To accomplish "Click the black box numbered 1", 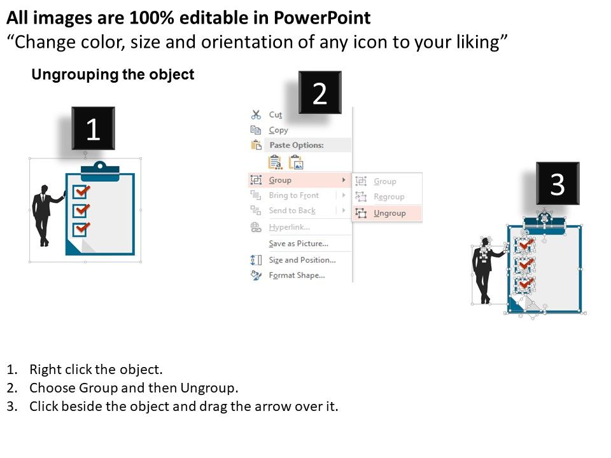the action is click(x=93, y=128).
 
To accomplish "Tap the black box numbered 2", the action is click(x=320, y=93).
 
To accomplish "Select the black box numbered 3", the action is click(x=558, y=183).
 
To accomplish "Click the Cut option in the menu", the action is click(x=276, y=114).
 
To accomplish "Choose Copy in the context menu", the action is click(x=278, y=130).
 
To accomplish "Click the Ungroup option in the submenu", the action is click(x=390, y=213).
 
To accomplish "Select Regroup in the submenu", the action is click(x=389, y=197).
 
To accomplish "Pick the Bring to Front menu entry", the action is click(x=294, y=195).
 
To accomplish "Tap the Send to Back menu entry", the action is click(x=292, y=211).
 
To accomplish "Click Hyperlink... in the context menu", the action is click(x=290, y=227).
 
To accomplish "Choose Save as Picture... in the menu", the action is click(x=298, y=244).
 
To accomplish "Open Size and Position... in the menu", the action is click(x=302, y=260).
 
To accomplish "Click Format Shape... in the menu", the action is click(x=297, y=275).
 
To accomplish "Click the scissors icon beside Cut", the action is click(x=256, y=114).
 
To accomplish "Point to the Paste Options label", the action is click(x=297, y=145).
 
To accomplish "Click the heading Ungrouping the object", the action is click(x=113, y=74).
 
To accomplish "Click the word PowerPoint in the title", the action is click(x=322, y=18).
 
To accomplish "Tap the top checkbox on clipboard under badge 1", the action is click(x=81, y=191).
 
